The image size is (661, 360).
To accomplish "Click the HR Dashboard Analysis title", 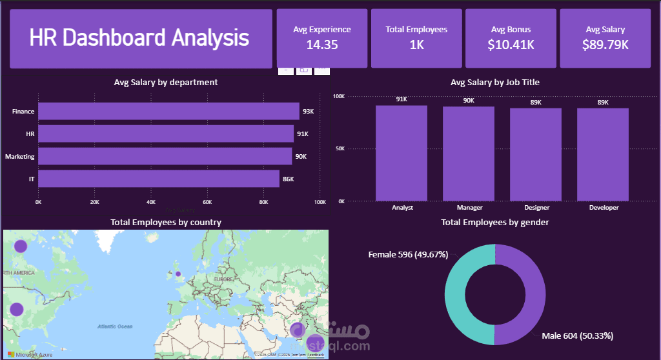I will coord(139,38).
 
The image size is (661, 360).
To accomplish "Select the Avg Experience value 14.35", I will coord(322,45).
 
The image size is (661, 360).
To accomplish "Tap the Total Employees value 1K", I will coord(416,45).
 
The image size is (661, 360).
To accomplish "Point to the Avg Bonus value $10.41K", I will coord(511,45).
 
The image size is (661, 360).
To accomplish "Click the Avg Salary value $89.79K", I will coord(605,45).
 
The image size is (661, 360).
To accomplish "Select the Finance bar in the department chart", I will coord(168,112).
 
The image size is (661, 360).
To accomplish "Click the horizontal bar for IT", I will coord(159,179).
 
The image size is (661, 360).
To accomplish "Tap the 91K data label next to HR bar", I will coord(302,134).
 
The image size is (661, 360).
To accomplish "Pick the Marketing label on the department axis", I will coord(20,157).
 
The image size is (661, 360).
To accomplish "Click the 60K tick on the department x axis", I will coord(207,202).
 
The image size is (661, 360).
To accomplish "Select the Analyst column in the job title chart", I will coord(402,153).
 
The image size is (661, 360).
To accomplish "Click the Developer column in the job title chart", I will coord(603,154).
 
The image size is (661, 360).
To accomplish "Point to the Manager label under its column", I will coord(469,208).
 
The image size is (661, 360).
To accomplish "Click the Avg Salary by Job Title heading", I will coord(495,83).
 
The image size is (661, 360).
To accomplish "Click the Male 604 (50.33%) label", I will coord(578,335).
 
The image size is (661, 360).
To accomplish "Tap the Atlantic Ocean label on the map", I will coord(115,326).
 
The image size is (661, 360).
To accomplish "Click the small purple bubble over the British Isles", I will coord(178,274).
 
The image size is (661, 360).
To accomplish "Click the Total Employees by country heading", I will coord(166,222).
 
